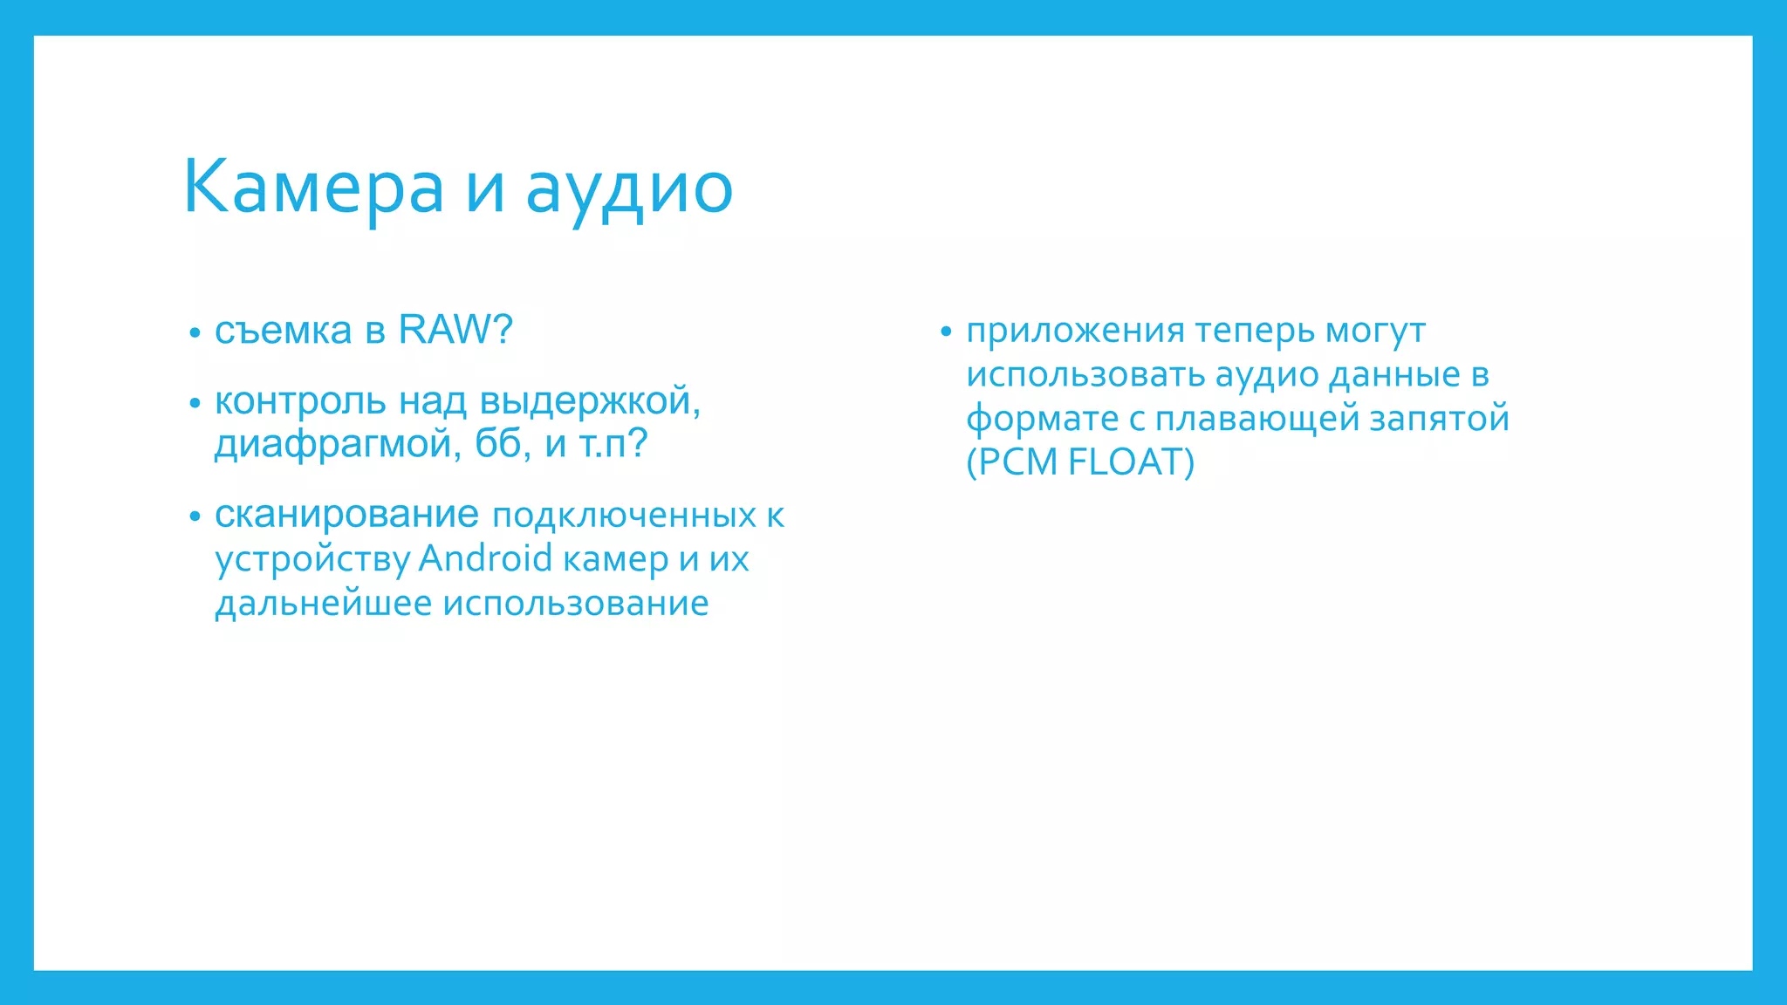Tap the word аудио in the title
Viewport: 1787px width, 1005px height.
(629, 188)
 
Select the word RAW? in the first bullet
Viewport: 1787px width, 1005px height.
(455, 330)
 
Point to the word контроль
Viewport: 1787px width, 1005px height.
(300, 402)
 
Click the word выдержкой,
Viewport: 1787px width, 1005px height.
(590, 402)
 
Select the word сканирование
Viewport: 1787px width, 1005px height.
(346, 515)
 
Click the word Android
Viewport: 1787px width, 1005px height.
(485, 558)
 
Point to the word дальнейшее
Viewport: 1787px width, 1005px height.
(324, 603)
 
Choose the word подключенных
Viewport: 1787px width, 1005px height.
(624, 516)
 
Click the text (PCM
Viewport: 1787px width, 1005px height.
(1011, 462)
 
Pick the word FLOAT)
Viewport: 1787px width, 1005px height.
(1131, 462)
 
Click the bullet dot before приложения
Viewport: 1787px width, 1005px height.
(945, 332)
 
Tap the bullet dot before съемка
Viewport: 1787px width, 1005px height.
(195, 333)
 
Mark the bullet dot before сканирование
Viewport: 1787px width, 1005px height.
(195, 516)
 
